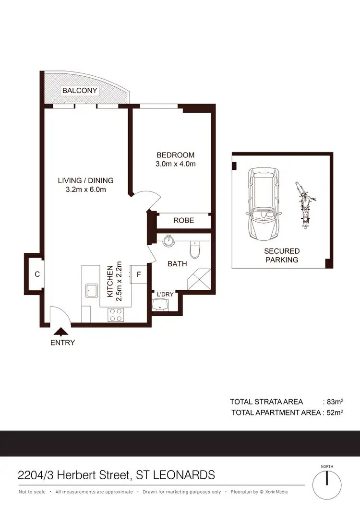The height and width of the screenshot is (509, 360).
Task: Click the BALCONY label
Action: click(80, 90)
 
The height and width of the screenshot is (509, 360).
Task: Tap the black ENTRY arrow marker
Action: click(61, 331)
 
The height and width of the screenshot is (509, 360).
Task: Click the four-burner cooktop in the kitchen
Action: click(116, 314)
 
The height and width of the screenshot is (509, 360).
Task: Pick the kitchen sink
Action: click(91, 291)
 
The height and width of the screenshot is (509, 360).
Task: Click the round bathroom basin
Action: click(168, 240)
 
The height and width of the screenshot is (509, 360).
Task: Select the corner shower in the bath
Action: click(198, 281)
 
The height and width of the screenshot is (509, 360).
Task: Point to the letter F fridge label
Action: click(139, 275)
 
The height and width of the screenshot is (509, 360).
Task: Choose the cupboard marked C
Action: click(36, 274)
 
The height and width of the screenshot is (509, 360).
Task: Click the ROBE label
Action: click(184, 220)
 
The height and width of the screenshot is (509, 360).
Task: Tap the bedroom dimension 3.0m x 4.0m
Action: click(176, 164)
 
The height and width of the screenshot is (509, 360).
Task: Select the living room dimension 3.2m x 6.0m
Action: click(85, 189)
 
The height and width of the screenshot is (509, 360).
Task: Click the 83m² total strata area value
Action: click(334, 402)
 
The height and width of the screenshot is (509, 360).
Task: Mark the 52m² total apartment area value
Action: click(334, 412)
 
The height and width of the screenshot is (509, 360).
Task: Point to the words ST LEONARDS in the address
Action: click(176, 475)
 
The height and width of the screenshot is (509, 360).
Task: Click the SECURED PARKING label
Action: click(281, 255)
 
